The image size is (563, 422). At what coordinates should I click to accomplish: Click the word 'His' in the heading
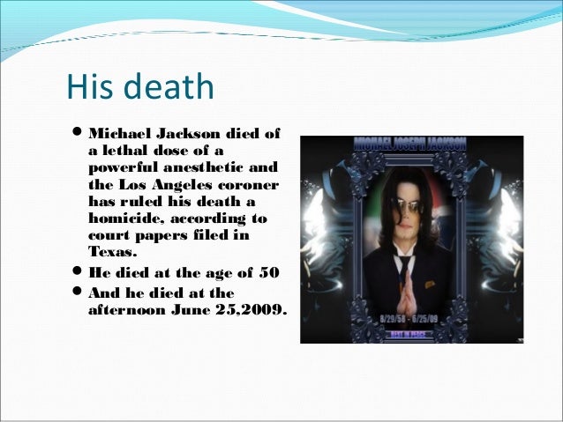(x=88, y=87)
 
